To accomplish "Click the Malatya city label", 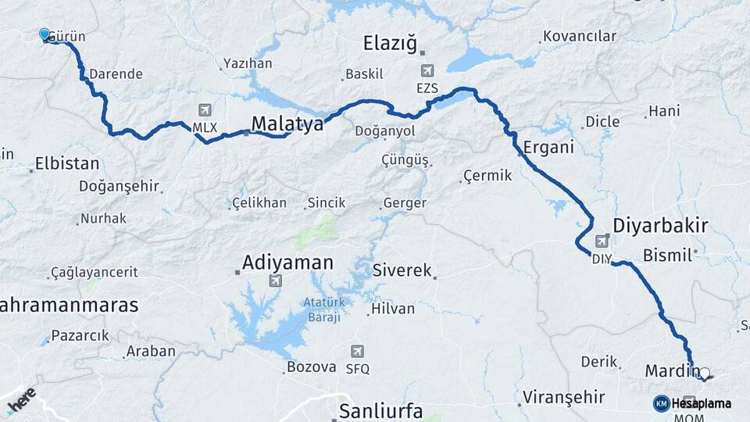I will tap(287, 123).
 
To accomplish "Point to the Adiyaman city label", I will tap(288, 263).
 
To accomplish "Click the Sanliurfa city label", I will tap(380, 411).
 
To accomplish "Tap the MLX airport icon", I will tap(205, 109).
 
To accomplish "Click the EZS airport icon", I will tap(427, 71).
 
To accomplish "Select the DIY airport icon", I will tap(602, 241).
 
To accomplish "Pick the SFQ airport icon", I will tap(357, 352).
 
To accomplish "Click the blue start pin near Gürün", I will tap(45, 34).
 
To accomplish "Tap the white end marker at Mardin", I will tap(705, 374).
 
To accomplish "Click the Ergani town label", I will tap(548, 146).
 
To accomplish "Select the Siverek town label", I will tap(402, 271).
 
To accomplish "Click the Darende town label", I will tap(116, 74).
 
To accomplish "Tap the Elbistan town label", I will tap(67, 164).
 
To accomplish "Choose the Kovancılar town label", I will tap(580, 36).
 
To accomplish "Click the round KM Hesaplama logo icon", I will tap(661, 403).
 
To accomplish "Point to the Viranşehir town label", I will tap(564, 397).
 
